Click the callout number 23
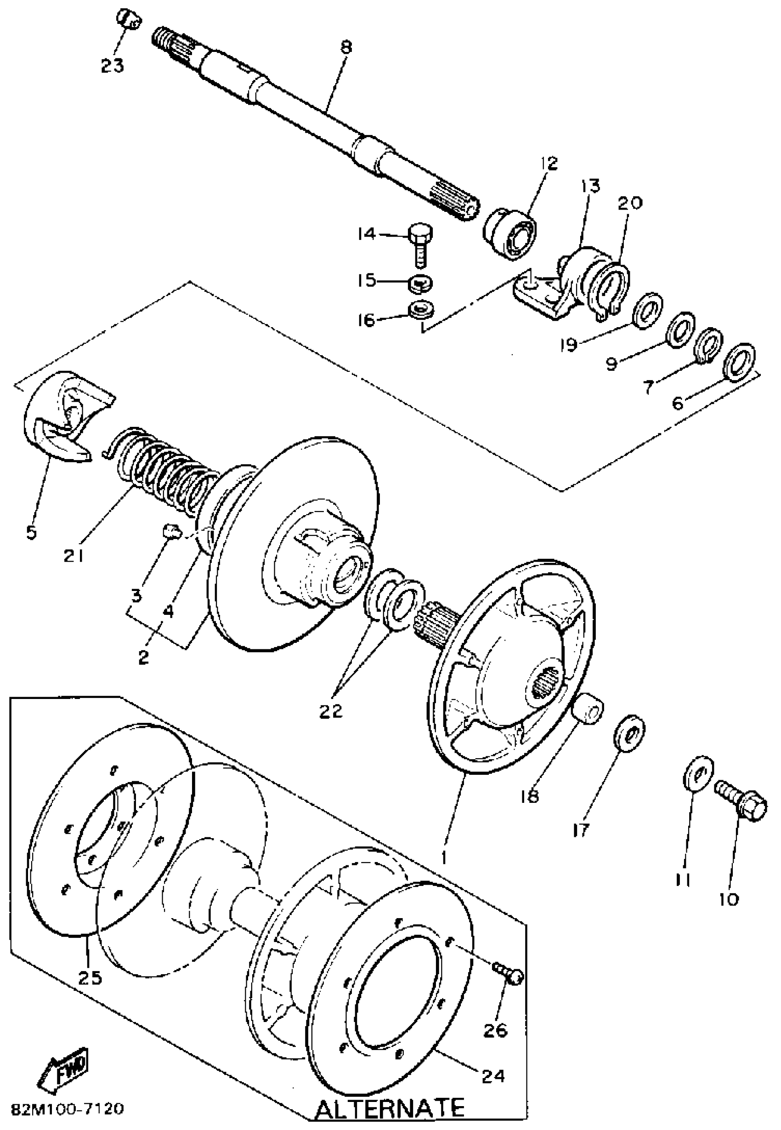pos(113,65)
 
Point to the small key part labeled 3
pos(171,530)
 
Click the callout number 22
pos(331,710)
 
